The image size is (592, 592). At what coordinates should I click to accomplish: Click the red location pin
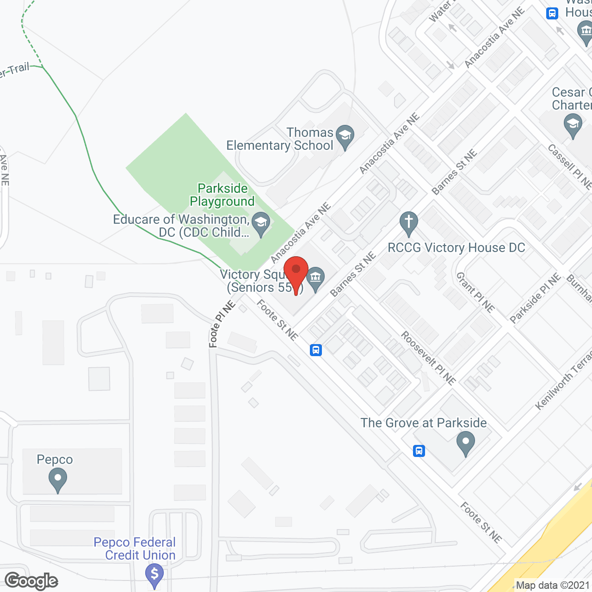coord(296,273)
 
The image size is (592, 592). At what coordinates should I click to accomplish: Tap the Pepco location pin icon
coord(57,480)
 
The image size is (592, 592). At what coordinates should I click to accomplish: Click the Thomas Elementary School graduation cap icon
coord(345,136)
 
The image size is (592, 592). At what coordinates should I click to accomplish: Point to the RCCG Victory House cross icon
coord(408,223)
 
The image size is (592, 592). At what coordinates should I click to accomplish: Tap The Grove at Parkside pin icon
coord(466,442)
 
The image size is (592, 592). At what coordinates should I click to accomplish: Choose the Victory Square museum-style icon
coord(316,278)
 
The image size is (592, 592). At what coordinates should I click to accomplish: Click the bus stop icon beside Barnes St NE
coord(316,350)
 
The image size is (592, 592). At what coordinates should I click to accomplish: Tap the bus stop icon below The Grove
coord(419,450)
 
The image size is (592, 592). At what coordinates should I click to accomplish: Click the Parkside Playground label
coord(222,195)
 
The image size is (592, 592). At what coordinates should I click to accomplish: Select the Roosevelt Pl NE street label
coord(428,358)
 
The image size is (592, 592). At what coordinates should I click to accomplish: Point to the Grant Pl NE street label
coord(475,292)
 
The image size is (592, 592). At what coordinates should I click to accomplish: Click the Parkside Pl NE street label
coord(535,298)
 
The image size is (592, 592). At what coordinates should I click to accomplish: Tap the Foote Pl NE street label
coord(222,324)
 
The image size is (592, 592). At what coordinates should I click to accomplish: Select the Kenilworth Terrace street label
coord(563,381)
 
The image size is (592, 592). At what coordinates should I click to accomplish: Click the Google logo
coord(31,581)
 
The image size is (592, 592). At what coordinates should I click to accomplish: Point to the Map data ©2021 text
coord(553,586)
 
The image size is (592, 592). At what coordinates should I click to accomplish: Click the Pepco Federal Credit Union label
coord(135,549)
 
